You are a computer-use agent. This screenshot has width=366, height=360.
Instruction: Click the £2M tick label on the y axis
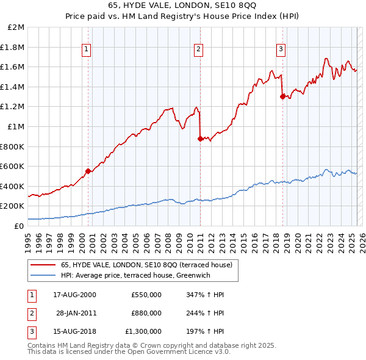coord(16,27)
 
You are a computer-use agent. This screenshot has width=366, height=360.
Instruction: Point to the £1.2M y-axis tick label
coord(13,107)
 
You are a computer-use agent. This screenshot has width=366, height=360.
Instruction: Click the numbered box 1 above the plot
coord(87,50)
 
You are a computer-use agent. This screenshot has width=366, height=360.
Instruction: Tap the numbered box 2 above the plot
coord(199,50)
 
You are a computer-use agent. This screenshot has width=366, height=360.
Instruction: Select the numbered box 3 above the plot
coord(281,50)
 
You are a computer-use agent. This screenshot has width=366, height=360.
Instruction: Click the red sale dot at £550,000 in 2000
coord(88,171)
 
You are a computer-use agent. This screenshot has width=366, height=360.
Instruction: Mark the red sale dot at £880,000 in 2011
coord(200,139)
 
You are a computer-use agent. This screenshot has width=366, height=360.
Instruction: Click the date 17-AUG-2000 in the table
coord(74,295)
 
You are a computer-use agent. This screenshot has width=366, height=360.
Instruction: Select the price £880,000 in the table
coord(146,313)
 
